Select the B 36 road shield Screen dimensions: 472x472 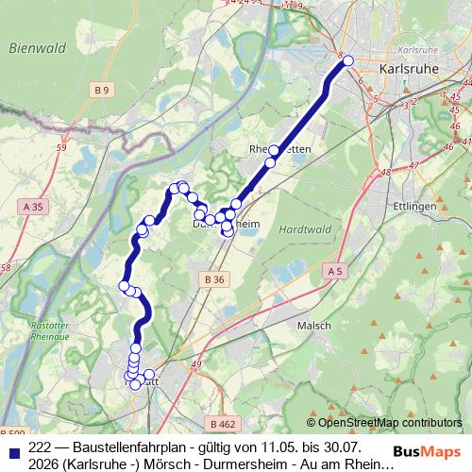(x=214, y=279)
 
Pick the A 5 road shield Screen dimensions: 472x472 (x=334, y=271)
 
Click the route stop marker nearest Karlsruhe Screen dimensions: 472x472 (x=347, y=60)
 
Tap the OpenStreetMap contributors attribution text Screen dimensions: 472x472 (x=389, y=422)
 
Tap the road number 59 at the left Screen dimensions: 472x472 (x=61, y=147)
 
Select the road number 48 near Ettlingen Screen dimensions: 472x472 (x=385, y=174)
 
